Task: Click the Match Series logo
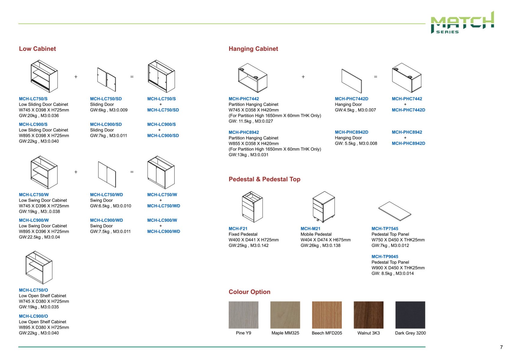tap(462, 23)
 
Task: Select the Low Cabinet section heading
tap(38, 49)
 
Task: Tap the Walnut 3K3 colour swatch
tap(368, 315)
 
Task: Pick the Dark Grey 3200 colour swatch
tap(410, 315)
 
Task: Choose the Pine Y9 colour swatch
tap(243, 315)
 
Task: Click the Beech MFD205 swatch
tap(327, 315)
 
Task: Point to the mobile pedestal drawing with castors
tap(324, 207)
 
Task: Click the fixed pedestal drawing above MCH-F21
tap(252, 207)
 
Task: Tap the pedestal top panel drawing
tap(395, 211)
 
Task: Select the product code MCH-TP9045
tap(385, 257)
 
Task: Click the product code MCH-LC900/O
tap(33, 316)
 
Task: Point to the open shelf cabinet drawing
tap(39, 268)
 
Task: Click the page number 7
tap(501, 347)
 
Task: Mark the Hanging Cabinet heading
tap(253, 49)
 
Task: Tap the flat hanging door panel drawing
tap(352, 81)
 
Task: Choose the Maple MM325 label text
tap(285, 333)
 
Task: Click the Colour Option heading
tap(249, 292)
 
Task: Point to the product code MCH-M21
tap(310, 229)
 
